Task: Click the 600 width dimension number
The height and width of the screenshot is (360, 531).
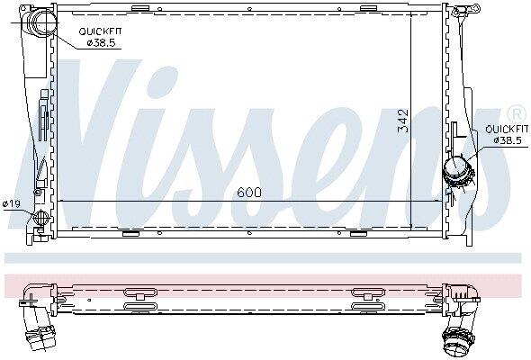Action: (x=249, y=193)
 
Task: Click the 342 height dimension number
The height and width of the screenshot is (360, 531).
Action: (x=403, y=121)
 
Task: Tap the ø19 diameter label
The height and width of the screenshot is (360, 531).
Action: (x=12, y=204)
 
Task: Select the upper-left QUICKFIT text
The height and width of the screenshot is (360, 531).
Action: (x=100, y=31)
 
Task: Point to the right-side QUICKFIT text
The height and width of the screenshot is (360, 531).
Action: (x=507, y=129)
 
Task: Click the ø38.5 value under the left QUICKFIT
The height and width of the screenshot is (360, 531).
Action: (x=101, y=43)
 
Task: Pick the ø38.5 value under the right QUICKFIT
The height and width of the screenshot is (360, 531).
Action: (x=508, y=140)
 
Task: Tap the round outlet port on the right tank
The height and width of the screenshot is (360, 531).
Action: (x=457, y=172)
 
